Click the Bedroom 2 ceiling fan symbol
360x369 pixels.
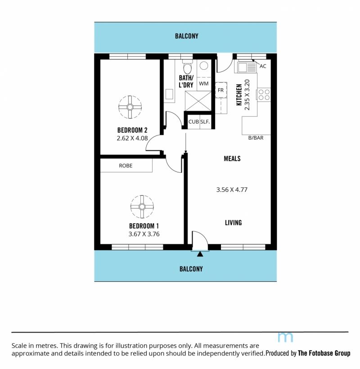[x=130, y=107]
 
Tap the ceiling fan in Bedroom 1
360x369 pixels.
[x=142, y=207]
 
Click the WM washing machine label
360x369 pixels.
[x=203, y=84]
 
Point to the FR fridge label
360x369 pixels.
[x=220, y=90]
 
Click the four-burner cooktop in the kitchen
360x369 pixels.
[x=264, y=94]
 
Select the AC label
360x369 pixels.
[x=263, y=66]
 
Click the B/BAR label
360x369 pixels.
[x=256, y=138]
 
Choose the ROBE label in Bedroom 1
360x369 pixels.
[x=126, y=166]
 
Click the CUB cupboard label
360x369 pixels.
[x=193, y=121]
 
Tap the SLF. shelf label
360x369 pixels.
[x=205, y=121]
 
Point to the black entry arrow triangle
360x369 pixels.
[x=200, y=254]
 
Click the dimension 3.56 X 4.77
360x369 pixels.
[x=232, y=190]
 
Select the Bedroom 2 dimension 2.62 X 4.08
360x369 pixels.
[x=132, y=138]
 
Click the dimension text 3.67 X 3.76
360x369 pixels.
[x=144, y=234]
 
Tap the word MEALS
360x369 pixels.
[x=232, y=158]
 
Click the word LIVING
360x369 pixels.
[x=234, y=223]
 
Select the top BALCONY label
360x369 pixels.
[x=187, y=36]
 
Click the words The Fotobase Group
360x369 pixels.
[x=324, y=353]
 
